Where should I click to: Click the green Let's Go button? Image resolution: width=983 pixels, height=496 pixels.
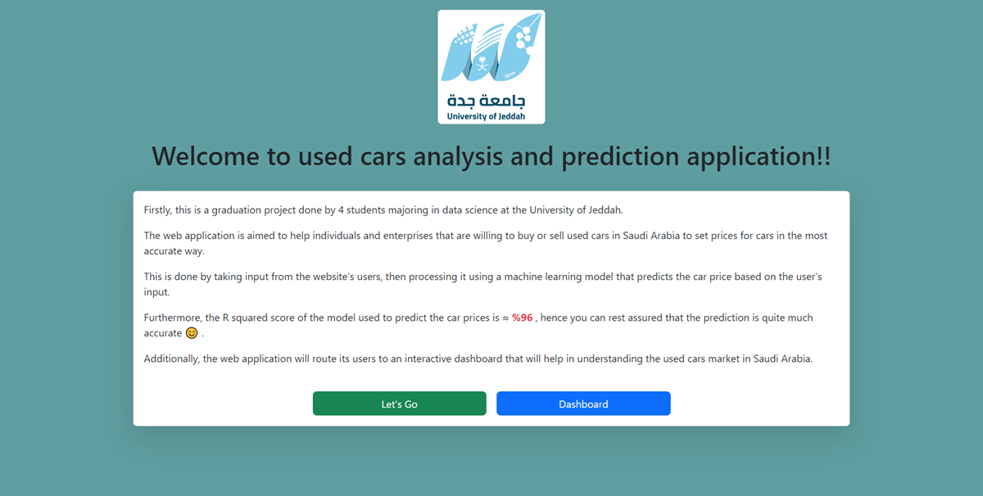pyautogui.click(x=399, y=404)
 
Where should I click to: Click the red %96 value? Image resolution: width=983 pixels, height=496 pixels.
pyautogui.click(x=523, y=318)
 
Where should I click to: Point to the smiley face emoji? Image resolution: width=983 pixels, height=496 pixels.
pyautogui.click(x=192, y=333)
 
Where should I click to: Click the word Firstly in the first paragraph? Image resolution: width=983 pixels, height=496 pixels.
pyautogui.click(x=159, y=210)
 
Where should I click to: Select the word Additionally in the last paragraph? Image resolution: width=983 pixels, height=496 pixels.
pyautogui.click(x=174, y=358)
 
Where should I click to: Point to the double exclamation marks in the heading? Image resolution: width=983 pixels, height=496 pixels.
pyautogui.click(x=823, y=156)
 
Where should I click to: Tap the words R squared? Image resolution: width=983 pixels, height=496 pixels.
pyautogui.click(x=249, y=318)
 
